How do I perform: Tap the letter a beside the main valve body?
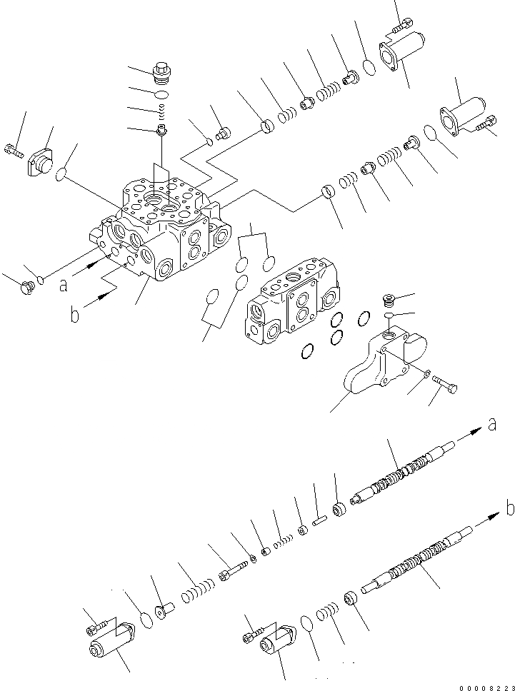coord(64,285)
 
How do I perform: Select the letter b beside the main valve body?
coord(74,314)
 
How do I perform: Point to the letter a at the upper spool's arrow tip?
coord(491,425)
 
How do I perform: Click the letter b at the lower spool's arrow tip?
coord(509,508)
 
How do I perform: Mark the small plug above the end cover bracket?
coord(389,298)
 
